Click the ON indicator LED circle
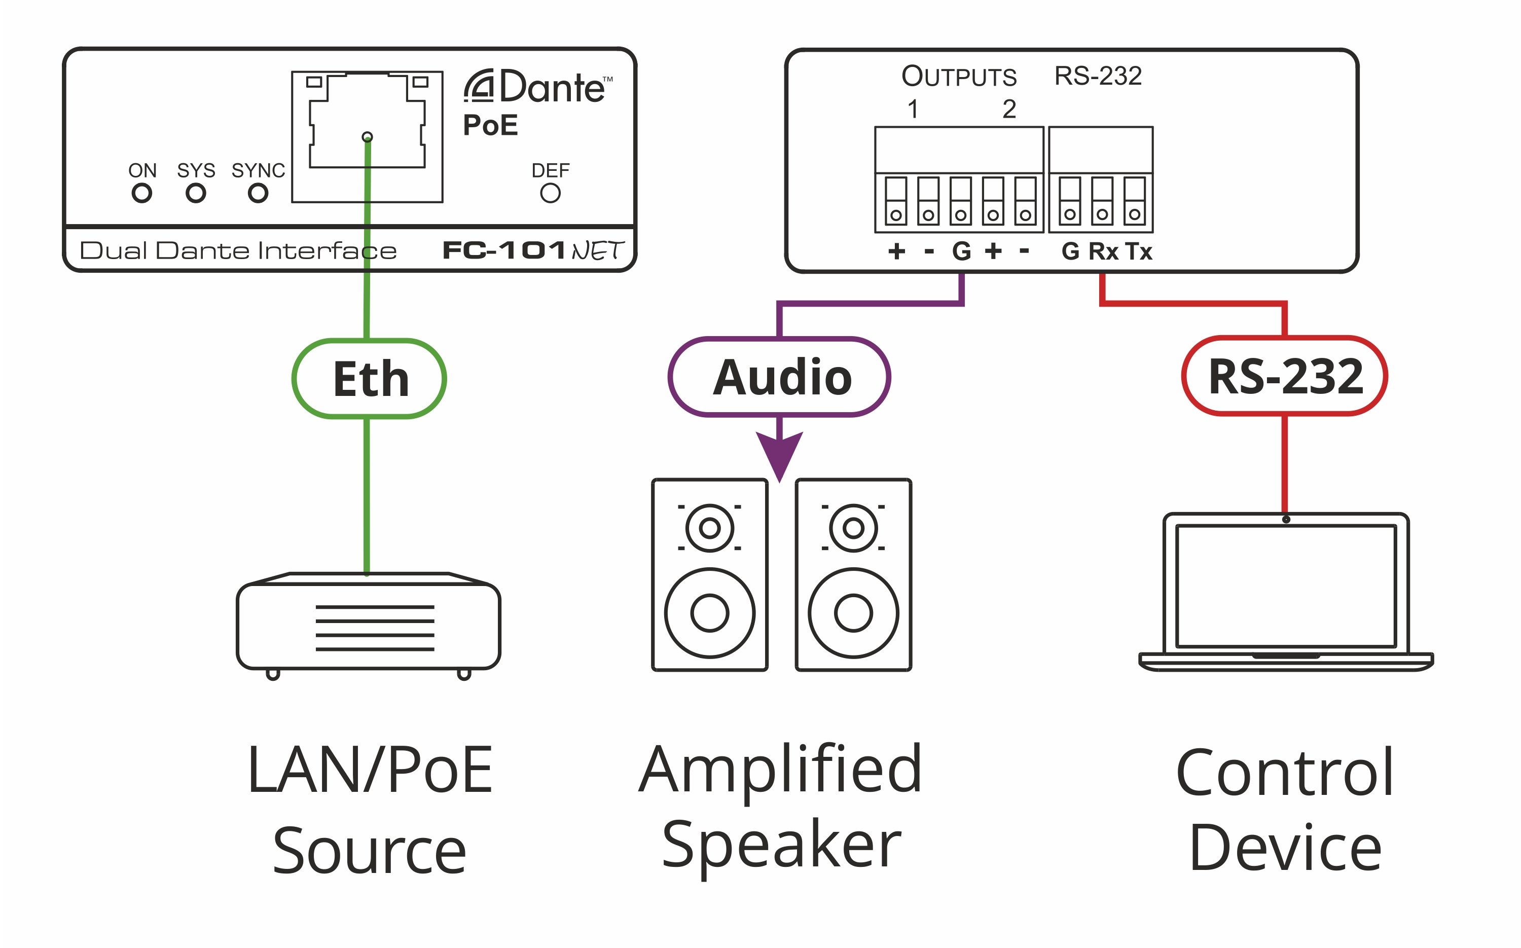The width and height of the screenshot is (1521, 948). pos(141,193)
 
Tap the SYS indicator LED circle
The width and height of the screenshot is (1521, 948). pos(196,193)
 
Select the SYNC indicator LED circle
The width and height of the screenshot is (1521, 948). pos(258,193)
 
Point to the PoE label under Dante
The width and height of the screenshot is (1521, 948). pos(490,125)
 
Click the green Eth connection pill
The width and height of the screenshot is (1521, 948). pos(369,379)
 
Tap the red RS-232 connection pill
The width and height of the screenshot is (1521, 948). pos(1285,376)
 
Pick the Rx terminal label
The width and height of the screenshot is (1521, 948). pos(1103,251)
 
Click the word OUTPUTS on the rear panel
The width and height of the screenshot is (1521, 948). pos(959,77)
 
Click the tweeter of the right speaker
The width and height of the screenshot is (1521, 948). pos(853,528)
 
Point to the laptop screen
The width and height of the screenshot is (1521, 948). pos(1286,586)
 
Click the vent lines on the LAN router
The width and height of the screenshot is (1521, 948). pos(375,628)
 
